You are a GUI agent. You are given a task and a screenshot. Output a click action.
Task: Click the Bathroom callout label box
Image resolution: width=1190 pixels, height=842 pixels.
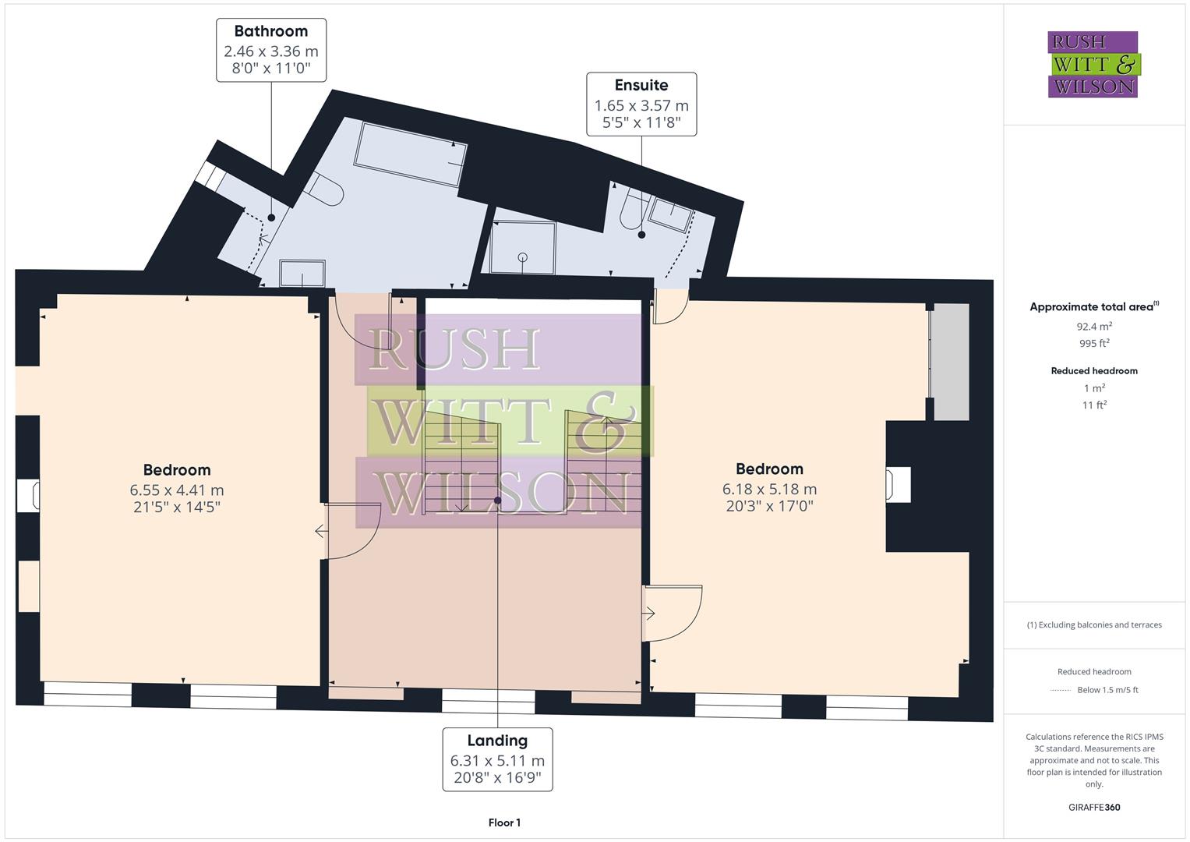270,51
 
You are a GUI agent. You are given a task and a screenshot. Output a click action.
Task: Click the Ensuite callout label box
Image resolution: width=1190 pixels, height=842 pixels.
641,104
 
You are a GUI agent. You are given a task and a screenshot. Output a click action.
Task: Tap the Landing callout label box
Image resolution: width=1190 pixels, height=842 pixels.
497,759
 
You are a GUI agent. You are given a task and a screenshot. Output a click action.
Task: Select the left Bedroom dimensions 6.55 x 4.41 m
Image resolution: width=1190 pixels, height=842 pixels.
177,490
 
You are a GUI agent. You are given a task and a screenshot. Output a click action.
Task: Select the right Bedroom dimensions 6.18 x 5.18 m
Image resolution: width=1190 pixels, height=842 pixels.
769,490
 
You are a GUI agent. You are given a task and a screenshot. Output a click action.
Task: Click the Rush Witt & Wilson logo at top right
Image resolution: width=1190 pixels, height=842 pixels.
1093,64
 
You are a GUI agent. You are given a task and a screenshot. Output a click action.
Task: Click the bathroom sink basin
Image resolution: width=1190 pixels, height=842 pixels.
302,274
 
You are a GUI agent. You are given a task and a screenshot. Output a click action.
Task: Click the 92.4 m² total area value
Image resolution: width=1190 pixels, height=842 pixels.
1094,327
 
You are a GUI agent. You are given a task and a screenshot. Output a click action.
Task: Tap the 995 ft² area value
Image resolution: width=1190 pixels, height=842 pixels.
1094,344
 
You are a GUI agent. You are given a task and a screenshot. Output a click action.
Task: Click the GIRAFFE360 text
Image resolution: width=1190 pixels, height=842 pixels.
1094,807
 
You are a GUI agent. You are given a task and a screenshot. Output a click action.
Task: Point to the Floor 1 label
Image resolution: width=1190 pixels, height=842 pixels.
504,823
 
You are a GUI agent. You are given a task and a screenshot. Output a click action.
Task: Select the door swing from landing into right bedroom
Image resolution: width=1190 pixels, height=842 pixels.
672,613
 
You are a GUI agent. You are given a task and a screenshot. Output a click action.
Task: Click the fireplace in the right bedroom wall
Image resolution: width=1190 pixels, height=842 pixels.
898,485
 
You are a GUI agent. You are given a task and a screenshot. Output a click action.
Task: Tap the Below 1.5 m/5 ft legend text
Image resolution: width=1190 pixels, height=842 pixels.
1107,690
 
